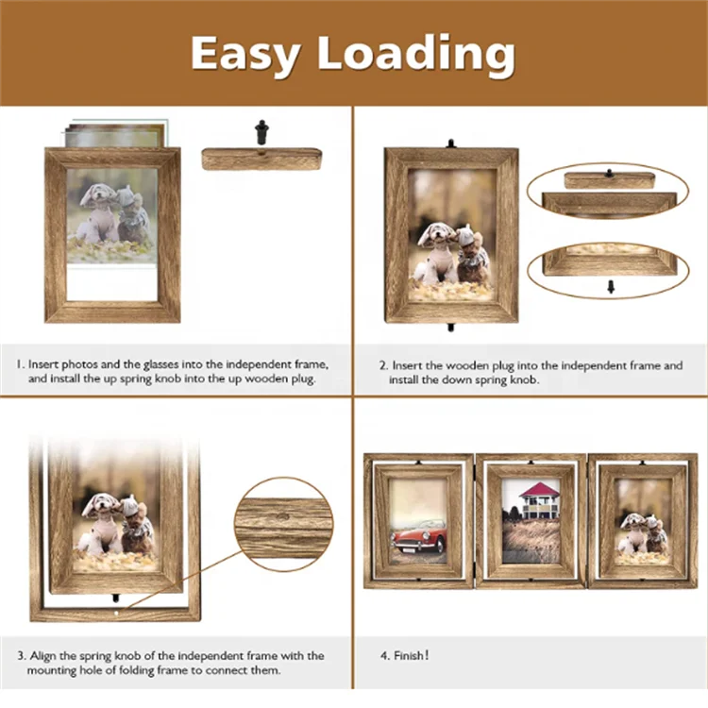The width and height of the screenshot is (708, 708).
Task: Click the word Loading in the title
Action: [x=416, y=55]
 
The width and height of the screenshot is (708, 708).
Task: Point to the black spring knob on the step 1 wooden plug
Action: [x=261, y=133]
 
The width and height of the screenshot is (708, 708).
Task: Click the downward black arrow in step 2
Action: [x=610, y=286]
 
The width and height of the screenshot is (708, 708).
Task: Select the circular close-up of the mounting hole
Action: [x=283, y=523]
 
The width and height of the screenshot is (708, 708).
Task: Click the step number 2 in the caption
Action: [x=382, y=365]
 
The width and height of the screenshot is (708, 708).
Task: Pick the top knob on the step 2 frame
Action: [x=451, y=144]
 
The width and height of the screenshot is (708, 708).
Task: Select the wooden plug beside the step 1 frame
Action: [x=261, y=159]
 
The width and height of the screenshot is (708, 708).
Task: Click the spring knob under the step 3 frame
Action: [x=116, y=598]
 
